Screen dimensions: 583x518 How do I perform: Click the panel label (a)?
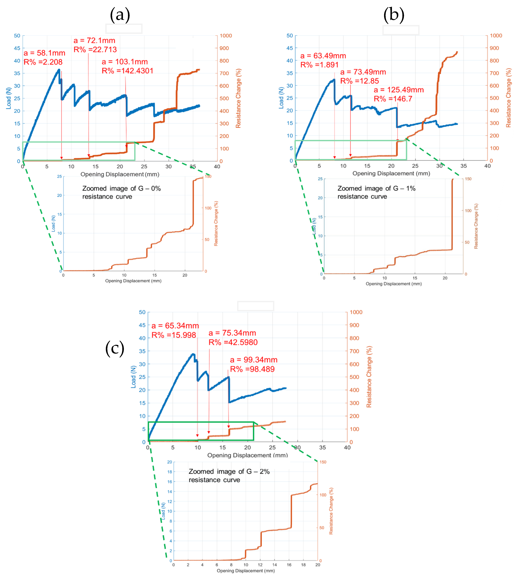point(120,15)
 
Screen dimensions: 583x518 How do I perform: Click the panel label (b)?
point(394,15)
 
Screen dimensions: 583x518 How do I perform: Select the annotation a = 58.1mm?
point(44,53)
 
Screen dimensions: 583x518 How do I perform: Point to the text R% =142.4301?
point(128,71)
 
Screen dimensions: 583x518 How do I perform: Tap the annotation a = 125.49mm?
point(399,90)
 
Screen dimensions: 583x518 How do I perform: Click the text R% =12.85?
point(360,81)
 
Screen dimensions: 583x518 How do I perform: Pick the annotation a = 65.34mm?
point(175,326)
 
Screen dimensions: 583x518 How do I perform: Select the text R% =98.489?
point(252,369)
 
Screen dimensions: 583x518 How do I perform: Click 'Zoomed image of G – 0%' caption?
point(121,189)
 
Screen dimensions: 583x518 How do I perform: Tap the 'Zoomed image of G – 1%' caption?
point(376,189)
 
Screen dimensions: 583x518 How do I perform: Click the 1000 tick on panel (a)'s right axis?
point(226,36)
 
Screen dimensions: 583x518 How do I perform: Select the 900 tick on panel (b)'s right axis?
point(494,48)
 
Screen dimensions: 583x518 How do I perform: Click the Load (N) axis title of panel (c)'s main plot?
point(133,377)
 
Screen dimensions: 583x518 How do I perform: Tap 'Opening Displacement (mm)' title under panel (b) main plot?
point(391,173)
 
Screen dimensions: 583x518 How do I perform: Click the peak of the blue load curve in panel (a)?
point(59,70)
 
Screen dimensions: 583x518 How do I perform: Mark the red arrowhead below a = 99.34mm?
point(229,427)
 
